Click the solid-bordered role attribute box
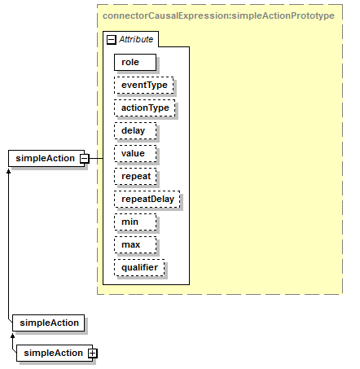click(135, 62)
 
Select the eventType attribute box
click(144, 85)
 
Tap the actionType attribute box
click(145, 108)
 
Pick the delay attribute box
click(135, 130)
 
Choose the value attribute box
click(135, 153)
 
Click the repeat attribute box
click(135, 176)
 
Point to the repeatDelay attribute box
click(147, 199)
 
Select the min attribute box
click(135, 222)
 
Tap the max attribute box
click(135, 244)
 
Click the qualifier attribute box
click(139, 267)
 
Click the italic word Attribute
click(136, 39)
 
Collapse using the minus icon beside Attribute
click(112, 40)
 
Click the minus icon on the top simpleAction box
click(85, 158)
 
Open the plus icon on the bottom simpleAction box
click(93, 353)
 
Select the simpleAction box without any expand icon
click(49, 323)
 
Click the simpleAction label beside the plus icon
click(53, 353)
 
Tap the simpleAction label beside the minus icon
click(45, 158)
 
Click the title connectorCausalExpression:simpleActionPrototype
click(218, 15)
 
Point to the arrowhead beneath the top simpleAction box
click(8, 171)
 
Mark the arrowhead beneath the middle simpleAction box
click(12, 336)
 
